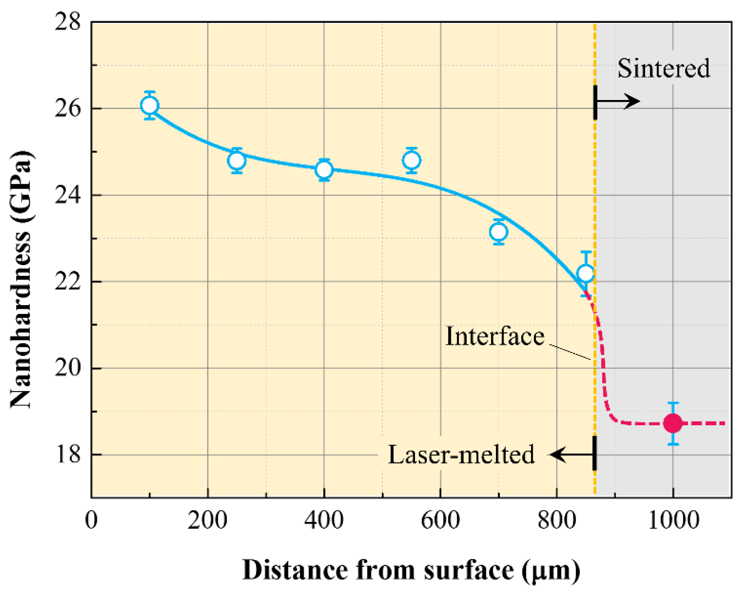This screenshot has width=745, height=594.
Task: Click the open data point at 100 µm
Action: point(150,105)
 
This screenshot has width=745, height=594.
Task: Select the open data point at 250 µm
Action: point(237,161)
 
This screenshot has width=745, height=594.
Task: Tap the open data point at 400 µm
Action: point(324,170)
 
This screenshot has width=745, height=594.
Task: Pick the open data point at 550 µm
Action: point(411,160)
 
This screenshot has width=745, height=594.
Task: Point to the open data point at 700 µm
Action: point(498,232)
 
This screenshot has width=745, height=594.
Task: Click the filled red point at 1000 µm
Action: point(673,423)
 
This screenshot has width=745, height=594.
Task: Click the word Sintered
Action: point(664,68)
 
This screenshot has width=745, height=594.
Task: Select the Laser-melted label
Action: point(462,455)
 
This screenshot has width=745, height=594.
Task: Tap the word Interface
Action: point(495,336)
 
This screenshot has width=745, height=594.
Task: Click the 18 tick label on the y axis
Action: point(67,455)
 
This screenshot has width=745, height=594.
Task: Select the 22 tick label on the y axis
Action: point(67,282)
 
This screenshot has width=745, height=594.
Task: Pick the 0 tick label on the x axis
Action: point(91,520)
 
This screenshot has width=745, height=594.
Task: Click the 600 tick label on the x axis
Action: point(441,520)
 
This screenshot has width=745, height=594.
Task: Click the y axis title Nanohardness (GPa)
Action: point(21,280)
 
